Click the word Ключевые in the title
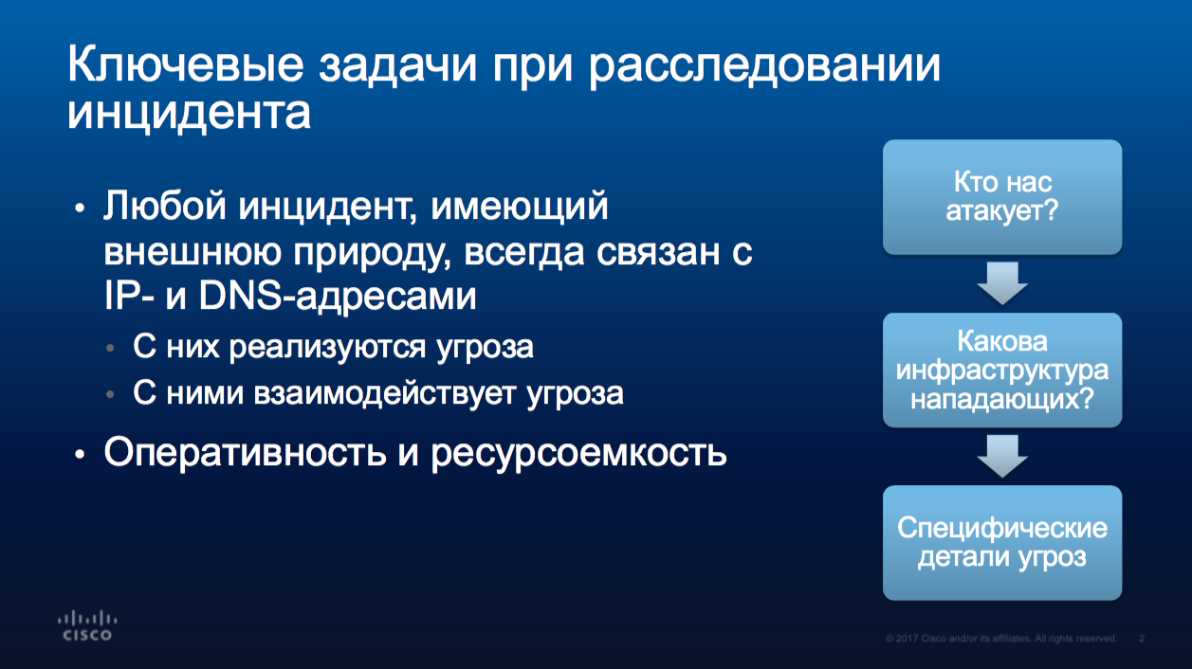pos(186,64)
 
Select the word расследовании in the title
pos(765,67)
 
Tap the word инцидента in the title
pos(189,114)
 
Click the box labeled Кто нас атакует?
pos(1002,197)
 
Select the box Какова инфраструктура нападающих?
pos(1002,371)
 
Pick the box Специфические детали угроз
pos(1002,543)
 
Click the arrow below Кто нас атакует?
pos(1002,283)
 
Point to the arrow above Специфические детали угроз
pos(1002,457)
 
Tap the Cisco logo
pos(87,626)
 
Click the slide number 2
pos(1142,638)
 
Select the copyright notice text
pos(1001,638)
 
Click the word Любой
pos(165,206)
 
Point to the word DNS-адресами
pos(338,296)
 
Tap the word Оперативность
pos(246,453)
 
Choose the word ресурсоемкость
pos(579,455)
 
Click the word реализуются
pos(328,348)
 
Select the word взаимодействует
pos(385,394)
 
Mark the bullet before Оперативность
pos(80,455)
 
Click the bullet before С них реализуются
pos(111,349)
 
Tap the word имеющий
pos(520,207)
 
